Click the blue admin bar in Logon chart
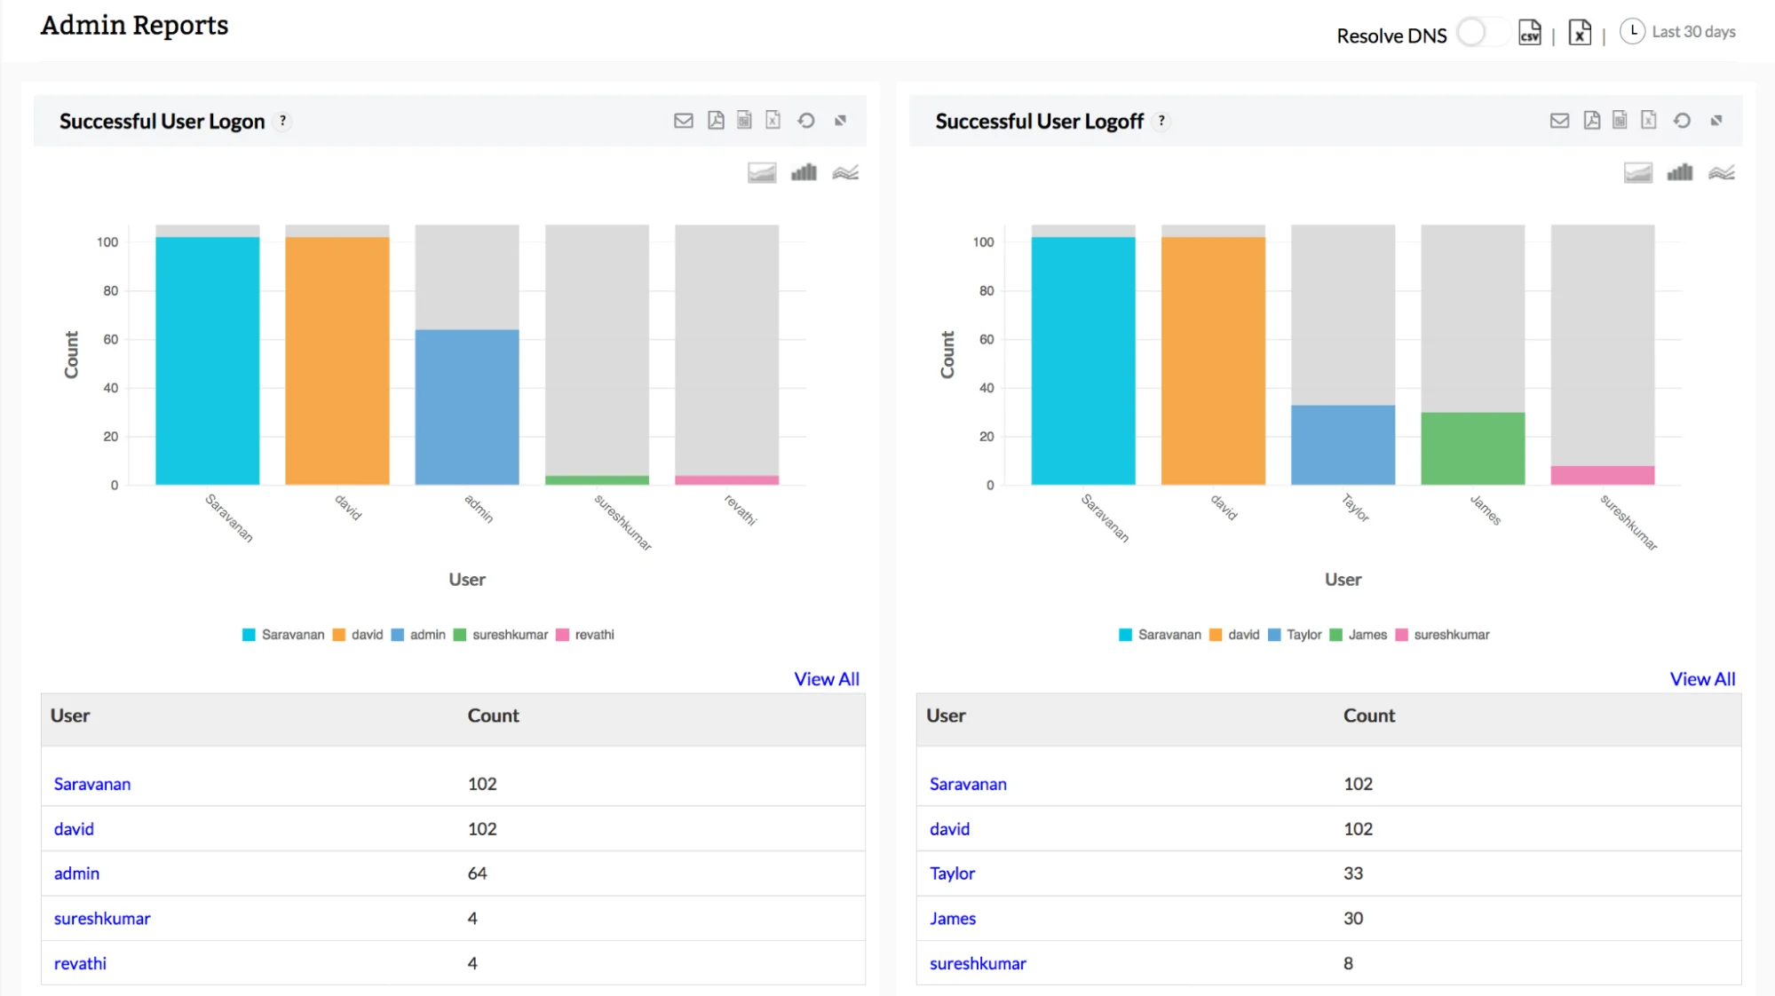click(467, 407)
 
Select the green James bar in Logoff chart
click(1472, 448)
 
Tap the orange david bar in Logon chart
click(337, 360)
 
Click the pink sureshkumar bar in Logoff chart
click(1602, 475)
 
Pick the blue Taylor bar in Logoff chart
click(1343, 445)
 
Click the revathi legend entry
click(585, 635)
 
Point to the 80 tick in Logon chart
click(110, 290)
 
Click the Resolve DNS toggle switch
click(1481, 33)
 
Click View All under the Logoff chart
click(1701, 679)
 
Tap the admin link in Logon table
click(76, 873)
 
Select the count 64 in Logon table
click(477, 873)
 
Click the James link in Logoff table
click(952, 919)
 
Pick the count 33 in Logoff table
click(1352, 873)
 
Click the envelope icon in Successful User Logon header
click(683, 121)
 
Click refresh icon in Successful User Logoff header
click(1682, 121)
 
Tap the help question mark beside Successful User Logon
click(282, 121)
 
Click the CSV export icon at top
click(1529, 33)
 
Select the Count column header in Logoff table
click(1368, 715)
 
